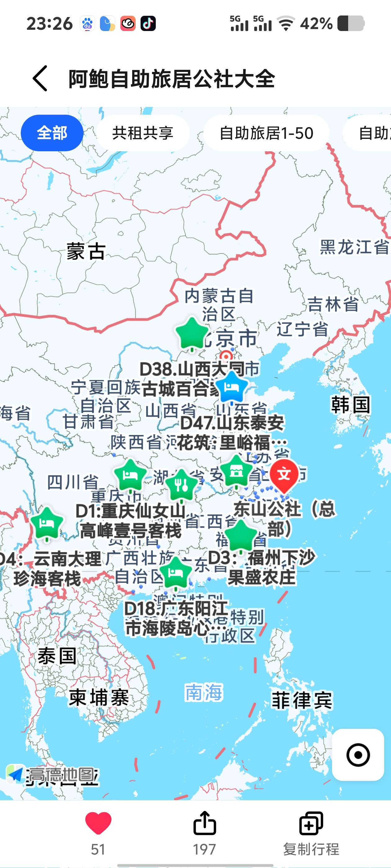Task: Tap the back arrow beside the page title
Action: point(40,78)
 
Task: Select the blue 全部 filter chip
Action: point(52,133)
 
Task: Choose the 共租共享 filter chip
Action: point(143,133)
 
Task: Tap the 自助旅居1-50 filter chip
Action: point(266,133)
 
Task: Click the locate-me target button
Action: point(358,755)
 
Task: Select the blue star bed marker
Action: point(231,387)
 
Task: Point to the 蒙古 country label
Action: point(86,251)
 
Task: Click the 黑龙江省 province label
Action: point(354,247)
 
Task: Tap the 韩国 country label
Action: point(351,404)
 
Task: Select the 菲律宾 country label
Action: point(302,700)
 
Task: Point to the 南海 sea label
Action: point(204,693)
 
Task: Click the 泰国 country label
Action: point(57,656)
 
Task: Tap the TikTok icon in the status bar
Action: point(148,24)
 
